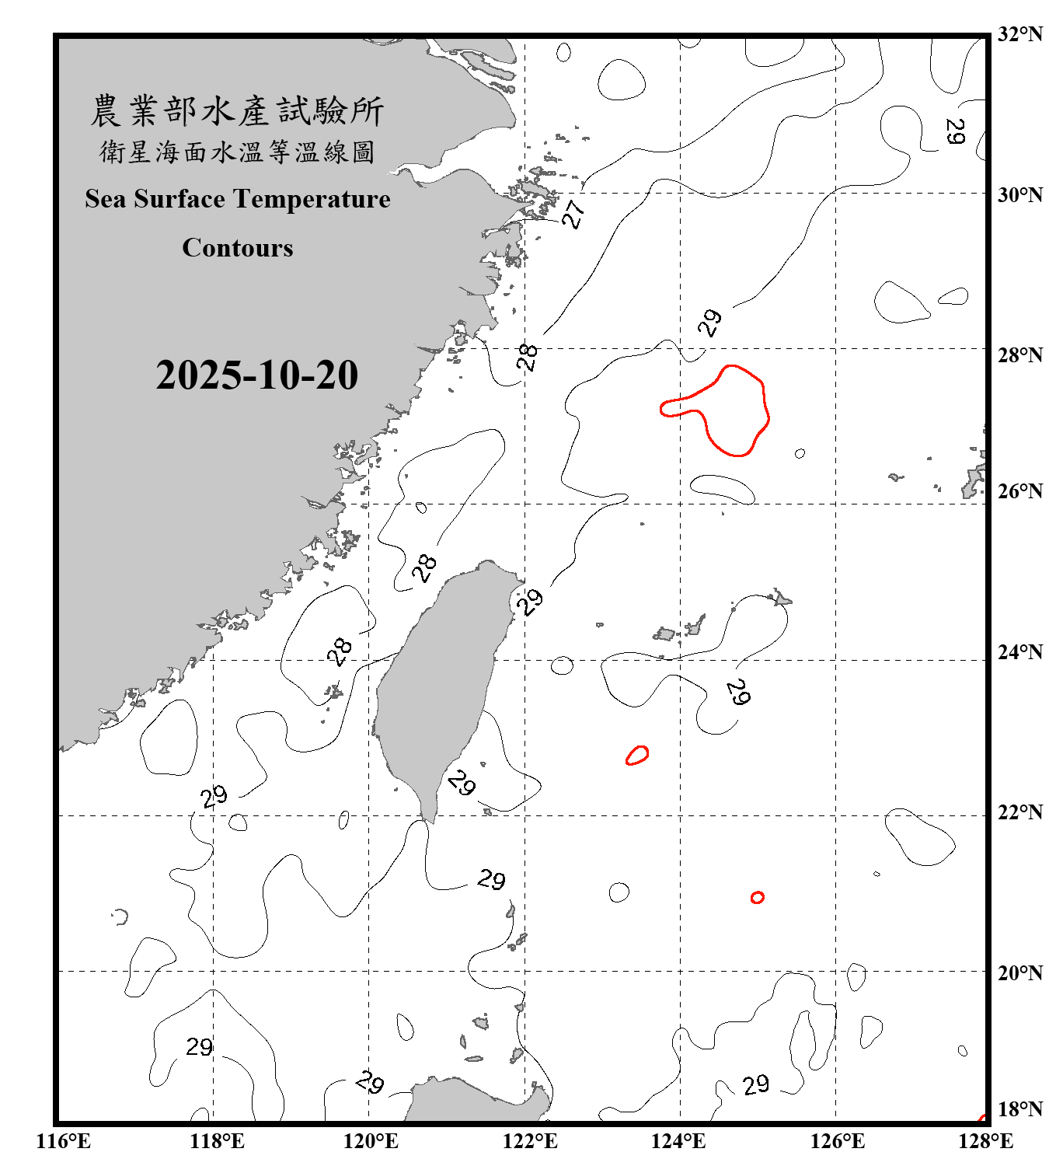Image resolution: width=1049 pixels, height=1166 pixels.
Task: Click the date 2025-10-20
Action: [x=256, y=375]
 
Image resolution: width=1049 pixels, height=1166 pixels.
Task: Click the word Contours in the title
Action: [x=238, y=248]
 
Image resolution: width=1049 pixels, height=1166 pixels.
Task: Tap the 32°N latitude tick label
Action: [x=1019, y=34]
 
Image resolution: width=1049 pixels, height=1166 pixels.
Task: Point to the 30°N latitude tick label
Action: [x=1019, y=195]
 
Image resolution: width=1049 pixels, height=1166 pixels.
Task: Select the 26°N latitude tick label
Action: [x=1019, y=491]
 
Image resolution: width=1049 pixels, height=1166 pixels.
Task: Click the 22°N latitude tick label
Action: [x=1019, y=812]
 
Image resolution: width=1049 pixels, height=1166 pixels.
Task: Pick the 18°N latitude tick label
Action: [x=1019, y=1109]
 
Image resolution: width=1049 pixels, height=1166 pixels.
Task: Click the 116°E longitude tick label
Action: [x=64, y=1142]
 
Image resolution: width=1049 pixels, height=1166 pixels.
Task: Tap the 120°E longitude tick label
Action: [x=371, y=1142]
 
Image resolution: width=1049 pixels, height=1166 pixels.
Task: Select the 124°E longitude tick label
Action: [x=678, y=1142]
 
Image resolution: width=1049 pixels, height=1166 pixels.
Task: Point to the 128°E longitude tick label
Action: [x=985, y=1142]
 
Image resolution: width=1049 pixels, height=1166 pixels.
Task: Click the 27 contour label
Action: [x=573, y=214]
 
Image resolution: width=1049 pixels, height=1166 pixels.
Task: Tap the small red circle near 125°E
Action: [x=758, y=898]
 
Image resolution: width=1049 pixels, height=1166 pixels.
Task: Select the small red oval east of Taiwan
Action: [x=638, y=755]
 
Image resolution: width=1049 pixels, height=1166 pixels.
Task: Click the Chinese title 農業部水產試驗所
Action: [x=237, y=110]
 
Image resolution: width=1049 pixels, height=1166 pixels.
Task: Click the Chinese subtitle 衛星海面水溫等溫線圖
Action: [x=237, y=152]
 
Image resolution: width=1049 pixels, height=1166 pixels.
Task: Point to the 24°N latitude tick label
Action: [x=1019, y=652]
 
